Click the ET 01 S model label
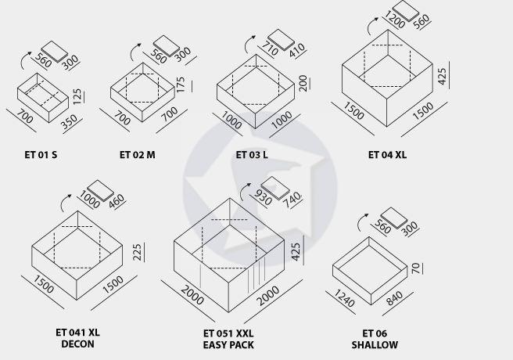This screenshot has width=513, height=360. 41,154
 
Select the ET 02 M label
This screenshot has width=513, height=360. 138,154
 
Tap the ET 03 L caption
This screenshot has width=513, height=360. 252,154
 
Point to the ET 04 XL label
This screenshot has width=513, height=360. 387,154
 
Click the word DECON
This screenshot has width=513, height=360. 78,344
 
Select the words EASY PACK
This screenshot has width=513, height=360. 228,345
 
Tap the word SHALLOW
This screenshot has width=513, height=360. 375,344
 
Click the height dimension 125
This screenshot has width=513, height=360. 77,97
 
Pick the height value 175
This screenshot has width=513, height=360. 181,85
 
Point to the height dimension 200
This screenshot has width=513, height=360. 303,83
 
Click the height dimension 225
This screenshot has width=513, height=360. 138,252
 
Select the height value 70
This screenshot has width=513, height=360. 415,268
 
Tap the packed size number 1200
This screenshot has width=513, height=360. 395,20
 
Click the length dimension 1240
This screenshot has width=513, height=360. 344,298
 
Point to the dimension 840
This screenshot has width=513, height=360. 395,298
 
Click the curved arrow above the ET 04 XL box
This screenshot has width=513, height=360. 371,26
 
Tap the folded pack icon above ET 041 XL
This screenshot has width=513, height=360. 101,190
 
